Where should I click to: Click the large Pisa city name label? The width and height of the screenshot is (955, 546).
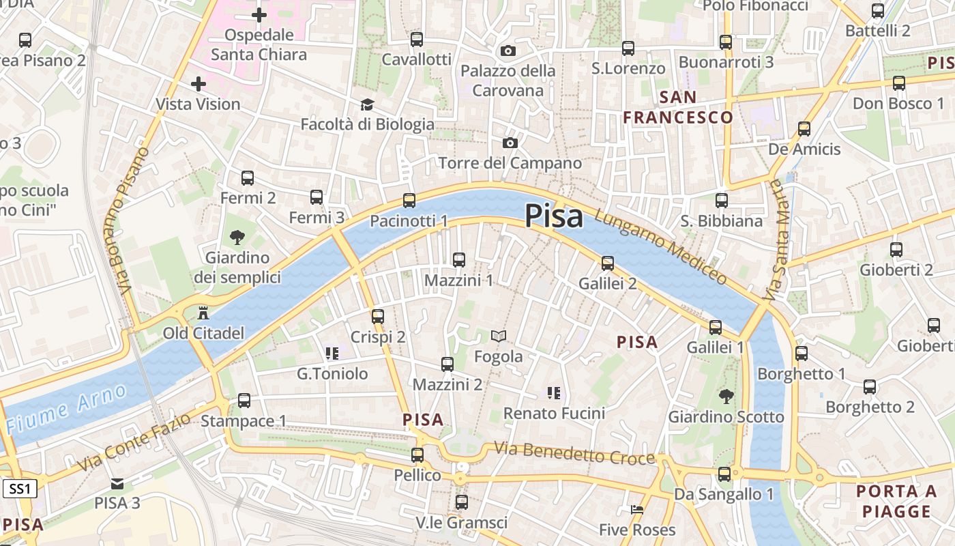[554, 216]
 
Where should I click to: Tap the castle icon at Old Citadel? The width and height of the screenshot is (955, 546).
[203, 314]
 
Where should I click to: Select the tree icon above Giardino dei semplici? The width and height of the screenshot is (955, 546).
[237, 238]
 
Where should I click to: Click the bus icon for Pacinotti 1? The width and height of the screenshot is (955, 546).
[409, 201]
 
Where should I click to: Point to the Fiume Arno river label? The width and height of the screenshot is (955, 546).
[66, 409]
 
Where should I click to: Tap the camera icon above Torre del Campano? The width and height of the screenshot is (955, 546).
[510, 143]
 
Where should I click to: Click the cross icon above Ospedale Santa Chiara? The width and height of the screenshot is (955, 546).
[259, 14]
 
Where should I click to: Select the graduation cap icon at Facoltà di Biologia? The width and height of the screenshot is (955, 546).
[368, 104]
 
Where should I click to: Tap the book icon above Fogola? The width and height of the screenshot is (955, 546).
[499, 336]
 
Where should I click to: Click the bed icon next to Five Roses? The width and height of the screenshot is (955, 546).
[636, 510]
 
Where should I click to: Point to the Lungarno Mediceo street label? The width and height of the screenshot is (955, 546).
[660, 246]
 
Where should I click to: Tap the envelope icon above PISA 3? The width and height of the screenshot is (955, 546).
[117, 483]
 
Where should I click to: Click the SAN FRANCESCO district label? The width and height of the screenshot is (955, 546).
[677, 107]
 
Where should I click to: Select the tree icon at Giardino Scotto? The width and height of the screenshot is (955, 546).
[726, 396]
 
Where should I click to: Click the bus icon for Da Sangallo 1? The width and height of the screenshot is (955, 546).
[724, 474]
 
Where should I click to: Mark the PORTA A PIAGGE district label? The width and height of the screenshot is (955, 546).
[896, 501]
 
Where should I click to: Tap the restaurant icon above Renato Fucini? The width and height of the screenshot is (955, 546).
[553, 392]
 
